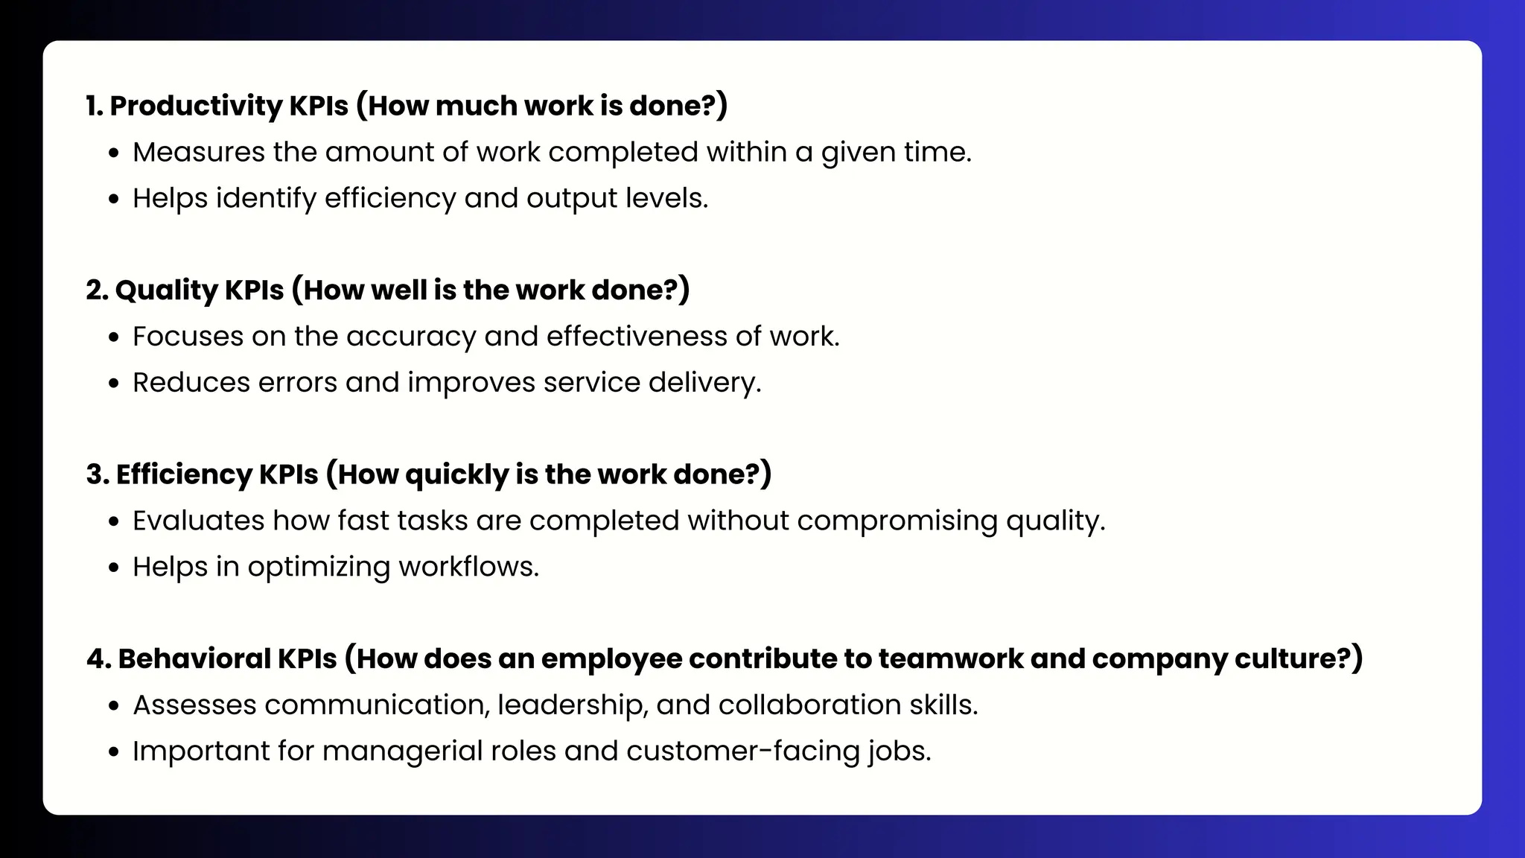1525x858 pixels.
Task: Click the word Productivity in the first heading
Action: [195, 107]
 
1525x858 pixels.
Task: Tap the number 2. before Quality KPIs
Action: [97, 290]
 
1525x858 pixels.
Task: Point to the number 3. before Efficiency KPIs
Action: [98, 474]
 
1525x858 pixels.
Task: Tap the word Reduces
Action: [191, 383]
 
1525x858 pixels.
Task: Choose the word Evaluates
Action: [198, 521]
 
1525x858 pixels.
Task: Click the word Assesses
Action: [194, 705]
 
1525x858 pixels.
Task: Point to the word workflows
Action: [468, 567]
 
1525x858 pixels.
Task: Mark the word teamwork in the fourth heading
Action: [950, 659]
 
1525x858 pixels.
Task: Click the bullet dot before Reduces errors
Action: [113, 384]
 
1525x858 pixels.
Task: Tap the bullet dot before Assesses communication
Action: [113, 706]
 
